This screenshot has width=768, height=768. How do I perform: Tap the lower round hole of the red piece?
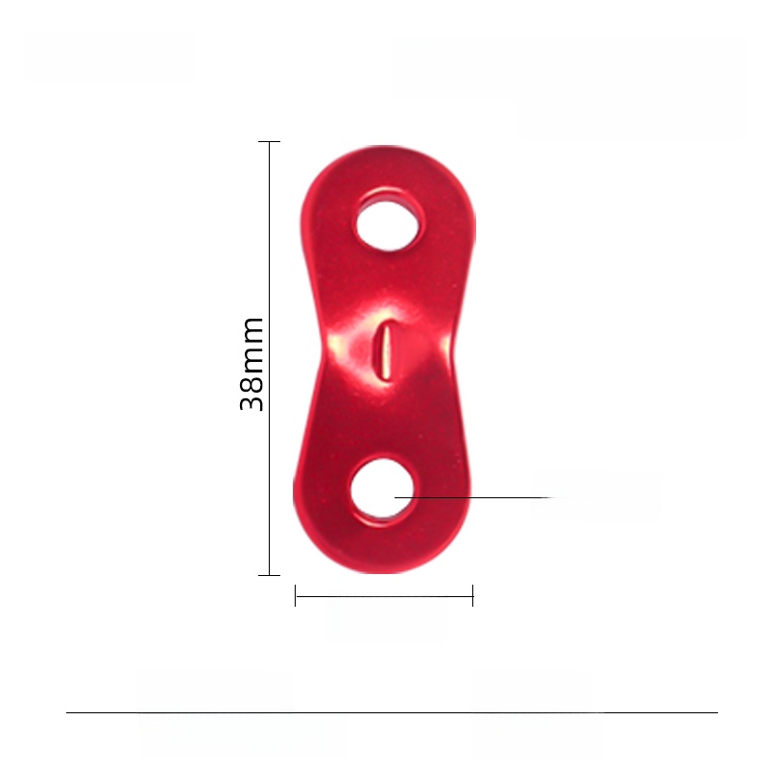click(x=382, y=492)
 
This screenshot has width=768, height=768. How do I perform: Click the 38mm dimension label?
click(x=252, y=364)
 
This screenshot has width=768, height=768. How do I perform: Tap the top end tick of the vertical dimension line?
click(x=270, y=142)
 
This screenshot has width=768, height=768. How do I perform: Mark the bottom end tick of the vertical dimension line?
click(x=270, y=575)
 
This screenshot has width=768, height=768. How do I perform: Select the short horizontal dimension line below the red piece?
click(x=384, y=596)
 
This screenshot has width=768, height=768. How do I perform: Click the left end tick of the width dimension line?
click(x=296, y=596)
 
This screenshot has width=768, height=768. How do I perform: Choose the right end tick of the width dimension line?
click(x=473, y=596)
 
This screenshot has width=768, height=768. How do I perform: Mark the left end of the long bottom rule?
click(x=67, y=712)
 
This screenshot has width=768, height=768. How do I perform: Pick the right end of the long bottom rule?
click(x=716, y=712)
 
